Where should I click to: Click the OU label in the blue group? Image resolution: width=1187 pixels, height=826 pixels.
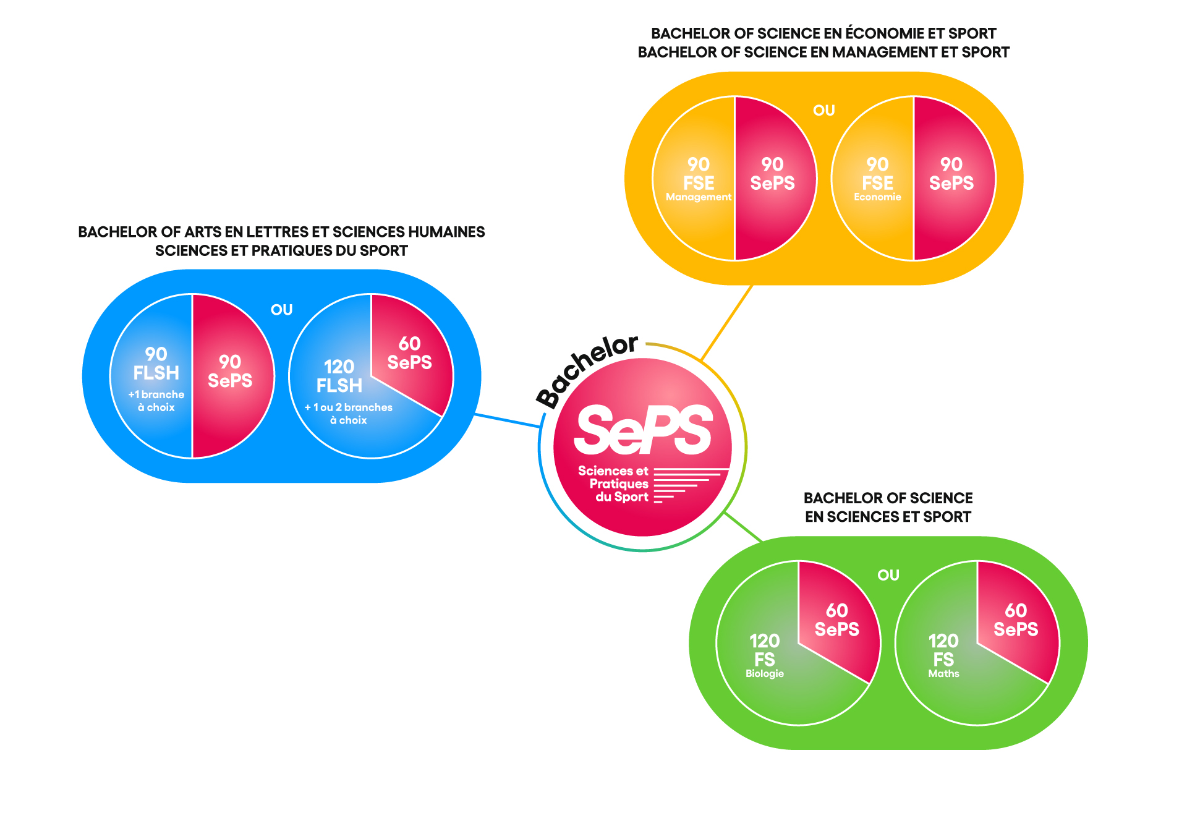click(281, 310)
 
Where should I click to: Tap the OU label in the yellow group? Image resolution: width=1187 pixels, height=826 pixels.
click(823, 111)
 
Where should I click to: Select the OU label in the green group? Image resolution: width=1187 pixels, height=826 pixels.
click(888, 575)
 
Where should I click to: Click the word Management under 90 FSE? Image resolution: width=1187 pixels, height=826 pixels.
click(699, 197)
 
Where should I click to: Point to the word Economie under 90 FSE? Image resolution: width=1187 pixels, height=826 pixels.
click(877, 197)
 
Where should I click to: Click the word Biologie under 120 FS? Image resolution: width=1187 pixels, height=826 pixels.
click(765, 674)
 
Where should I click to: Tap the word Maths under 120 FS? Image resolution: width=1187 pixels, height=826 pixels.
click(943, 674)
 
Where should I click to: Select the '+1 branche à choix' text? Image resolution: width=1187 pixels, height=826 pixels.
click(156, 401)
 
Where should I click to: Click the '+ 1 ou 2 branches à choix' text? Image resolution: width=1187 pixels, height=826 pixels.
click(349, 414)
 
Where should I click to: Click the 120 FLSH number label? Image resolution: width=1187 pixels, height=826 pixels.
click(339, 376)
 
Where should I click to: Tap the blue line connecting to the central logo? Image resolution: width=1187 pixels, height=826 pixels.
click(507, 420)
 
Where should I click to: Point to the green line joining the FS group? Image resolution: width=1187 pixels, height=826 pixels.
click(744, 527)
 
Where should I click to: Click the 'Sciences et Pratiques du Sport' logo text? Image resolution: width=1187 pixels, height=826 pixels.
click(613, 483)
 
